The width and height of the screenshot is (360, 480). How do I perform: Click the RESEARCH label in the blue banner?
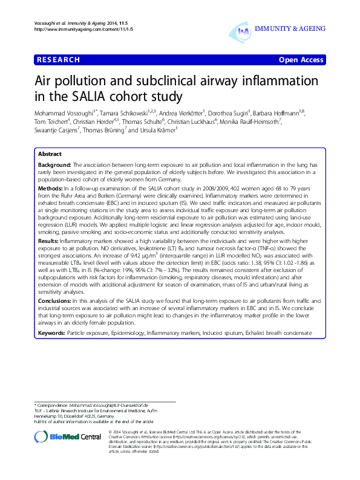59,60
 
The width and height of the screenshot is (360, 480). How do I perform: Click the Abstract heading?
50,154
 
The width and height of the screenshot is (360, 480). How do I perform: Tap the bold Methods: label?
51,189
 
